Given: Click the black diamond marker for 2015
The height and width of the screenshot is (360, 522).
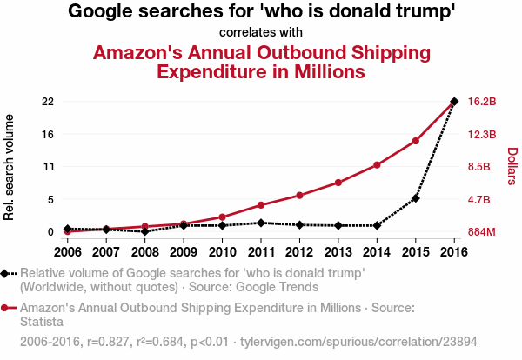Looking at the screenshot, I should click(x=416, y=198).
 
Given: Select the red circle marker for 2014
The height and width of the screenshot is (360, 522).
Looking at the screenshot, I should click(x=377, y=164).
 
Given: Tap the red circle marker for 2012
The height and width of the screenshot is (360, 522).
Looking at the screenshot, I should click(x=299, y=195).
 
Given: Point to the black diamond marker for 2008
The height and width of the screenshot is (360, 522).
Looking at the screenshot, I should click(x=144, y=231).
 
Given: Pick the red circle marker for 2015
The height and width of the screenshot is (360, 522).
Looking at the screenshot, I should click(x=416, y=141).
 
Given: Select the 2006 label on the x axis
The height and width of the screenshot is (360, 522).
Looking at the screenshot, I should click(x=67, y=252).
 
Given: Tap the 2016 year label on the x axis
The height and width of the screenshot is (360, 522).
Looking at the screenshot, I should click(x=454, y=252).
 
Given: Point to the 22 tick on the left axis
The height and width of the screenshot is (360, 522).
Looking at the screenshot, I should click(x=48, y=102).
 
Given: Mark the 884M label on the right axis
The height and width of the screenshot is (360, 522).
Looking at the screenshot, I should click(x=482, y=232).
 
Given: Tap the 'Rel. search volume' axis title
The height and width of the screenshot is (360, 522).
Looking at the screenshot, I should click(x=10, y=167).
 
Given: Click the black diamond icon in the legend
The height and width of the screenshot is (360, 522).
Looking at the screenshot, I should click(x=5, y=273).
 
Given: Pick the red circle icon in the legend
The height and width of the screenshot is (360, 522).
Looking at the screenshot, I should click(x=5, y=308).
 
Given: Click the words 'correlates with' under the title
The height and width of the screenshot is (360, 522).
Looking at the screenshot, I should click(x=261, y=33).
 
